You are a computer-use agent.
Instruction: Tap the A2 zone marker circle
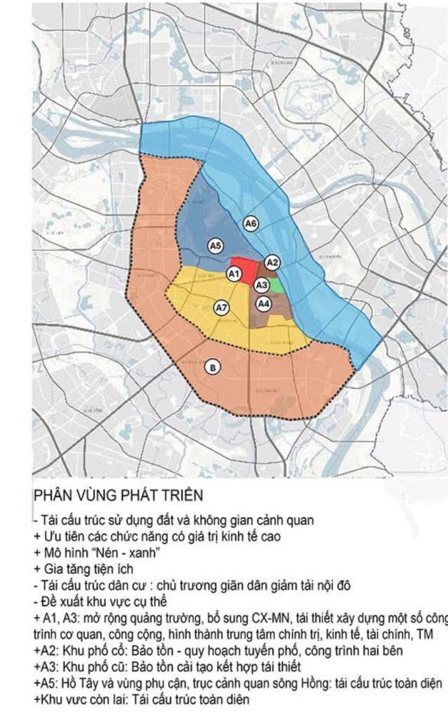point(275,263)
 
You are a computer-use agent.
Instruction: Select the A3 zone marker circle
point(261,284)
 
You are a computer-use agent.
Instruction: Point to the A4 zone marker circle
point(263,304)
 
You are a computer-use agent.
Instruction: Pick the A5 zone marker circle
point(216,245)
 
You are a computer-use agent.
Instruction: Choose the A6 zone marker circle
point(251,223)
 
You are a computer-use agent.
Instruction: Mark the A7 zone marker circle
point(221,308)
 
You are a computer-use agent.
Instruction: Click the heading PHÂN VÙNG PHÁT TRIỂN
point(118,496)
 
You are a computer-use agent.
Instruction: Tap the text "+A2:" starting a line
point(46,650)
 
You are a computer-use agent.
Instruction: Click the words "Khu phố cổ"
point(94,650)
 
